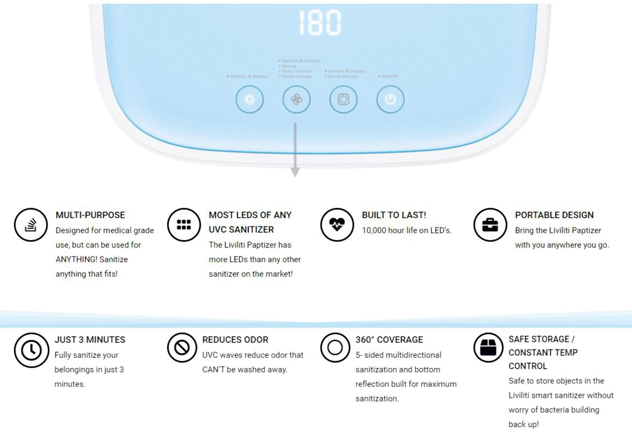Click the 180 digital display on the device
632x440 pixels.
[320, 22]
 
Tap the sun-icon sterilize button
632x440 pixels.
[249, 99]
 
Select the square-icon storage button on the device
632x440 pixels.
[343, 99]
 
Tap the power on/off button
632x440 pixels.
[390, 99]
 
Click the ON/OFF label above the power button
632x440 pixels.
[389, 76]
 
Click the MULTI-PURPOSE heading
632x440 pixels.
[90, 215]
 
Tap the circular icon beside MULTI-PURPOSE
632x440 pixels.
[31, 225]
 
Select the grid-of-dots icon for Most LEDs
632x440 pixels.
[184, 225]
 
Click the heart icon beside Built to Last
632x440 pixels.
[337, 225]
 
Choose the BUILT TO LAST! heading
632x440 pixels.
[394, 215]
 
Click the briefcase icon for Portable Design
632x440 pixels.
[490, 225]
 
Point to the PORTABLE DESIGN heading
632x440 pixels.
[554, 215]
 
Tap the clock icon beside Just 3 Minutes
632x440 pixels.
[31, 350]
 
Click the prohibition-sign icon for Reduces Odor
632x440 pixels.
[182, 348]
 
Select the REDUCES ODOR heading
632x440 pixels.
[235, 340]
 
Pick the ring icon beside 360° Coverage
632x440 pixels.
[335, 348]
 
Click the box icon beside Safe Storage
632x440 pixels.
[488, 348]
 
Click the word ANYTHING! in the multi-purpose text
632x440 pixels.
[76, 259]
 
